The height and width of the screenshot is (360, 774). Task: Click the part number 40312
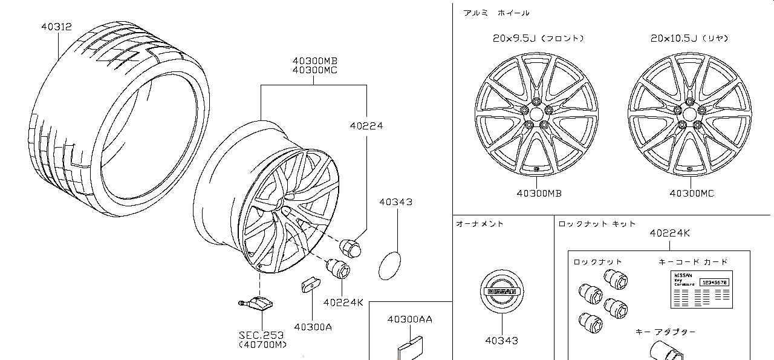click(56, 27)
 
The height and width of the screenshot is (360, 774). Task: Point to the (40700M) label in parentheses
click(262, 345)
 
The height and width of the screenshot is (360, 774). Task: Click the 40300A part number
click(313, 327)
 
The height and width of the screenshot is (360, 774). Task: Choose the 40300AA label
click(409, 319)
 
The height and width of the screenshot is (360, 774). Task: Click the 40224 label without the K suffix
click(366, 126)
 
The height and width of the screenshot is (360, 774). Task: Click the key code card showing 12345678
click(701, 290)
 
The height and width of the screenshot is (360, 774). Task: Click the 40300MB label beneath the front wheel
click(539, 193)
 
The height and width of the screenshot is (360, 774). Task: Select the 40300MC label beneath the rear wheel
click(692, 193)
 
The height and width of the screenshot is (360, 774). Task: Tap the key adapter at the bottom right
click(665, 352)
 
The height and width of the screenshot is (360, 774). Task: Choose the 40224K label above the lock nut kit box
click(669, 233)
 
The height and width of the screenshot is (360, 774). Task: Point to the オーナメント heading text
click(480, 224)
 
